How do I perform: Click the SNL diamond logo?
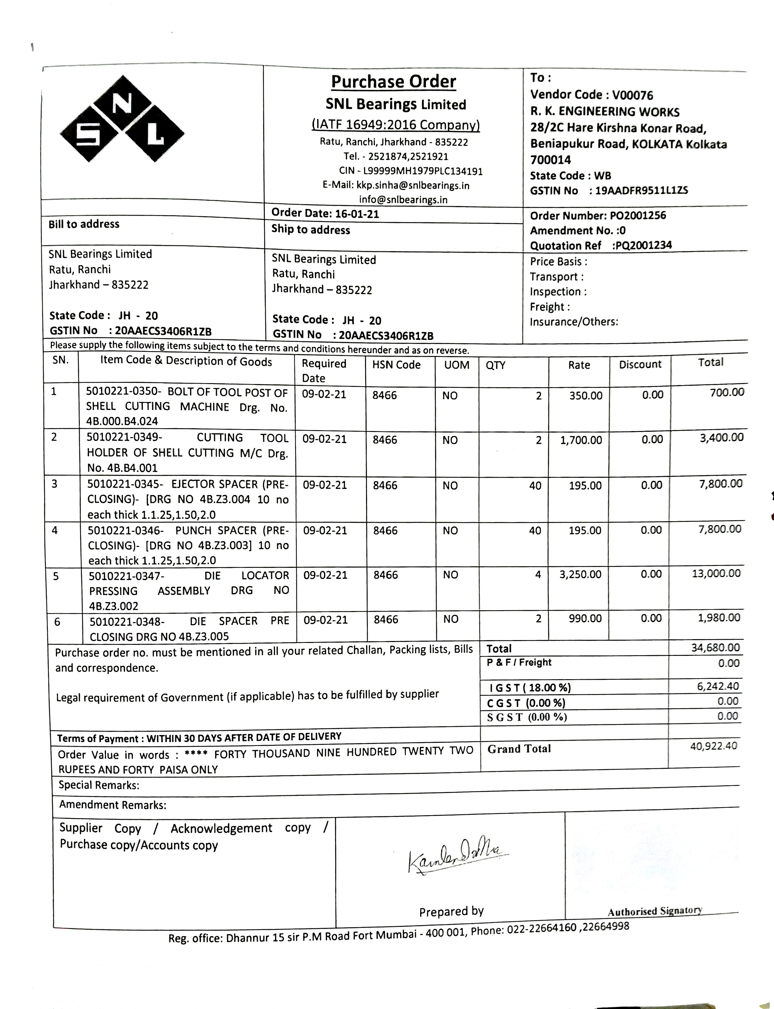click(x=122, y=119)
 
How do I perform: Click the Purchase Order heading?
click(x=393, y=82)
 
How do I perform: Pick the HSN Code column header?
click(x=396, y=365)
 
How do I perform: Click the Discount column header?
click(x=640, y=365)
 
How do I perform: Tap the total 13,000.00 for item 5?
click(x=716, y=574)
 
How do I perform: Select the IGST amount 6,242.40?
click(x=718, y=686)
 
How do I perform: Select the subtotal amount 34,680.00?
click(x=715, y=648)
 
